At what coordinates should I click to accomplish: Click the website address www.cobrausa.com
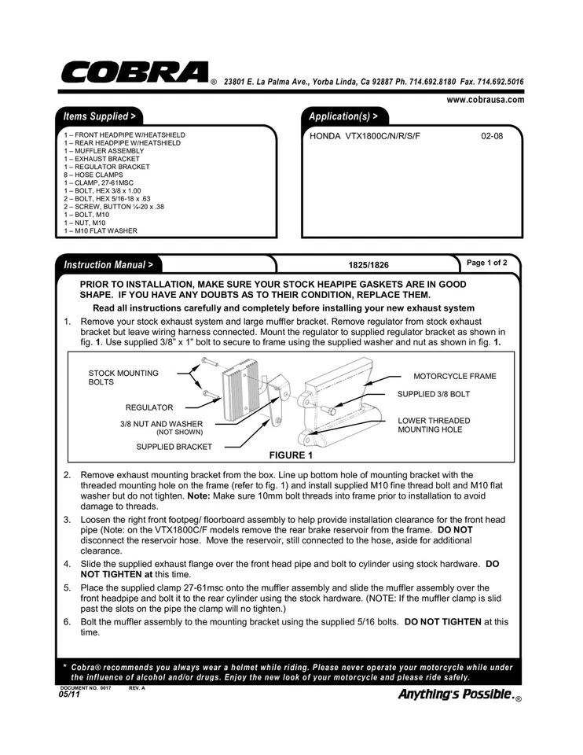(485, 100)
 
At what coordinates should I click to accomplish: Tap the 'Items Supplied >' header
(99, 116)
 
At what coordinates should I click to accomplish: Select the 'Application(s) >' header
(343, 116)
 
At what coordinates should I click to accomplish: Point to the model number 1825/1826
(368, 266)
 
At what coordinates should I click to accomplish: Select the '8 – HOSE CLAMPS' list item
(90, 175)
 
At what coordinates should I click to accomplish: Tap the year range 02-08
(492, 136)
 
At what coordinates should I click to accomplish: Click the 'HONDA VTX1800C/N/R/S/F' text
(365, 136)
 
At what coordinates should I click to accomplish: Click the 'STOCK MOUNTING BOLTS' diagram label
(123, 377)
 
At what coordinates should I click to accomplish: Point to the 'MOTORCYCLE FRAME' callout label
(455, 376)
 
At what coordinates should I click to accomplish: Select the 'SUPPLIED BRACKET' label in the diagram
(174, 447)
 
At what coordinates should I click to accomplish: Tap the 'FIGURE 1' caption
(291, 455)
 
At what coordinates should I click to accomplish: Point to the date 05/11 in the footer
(69, 694)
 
